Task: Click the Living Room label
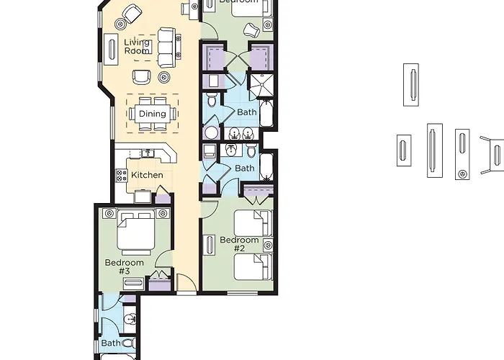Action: click(x=137, y=47)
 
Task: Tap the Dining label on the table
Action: click(x=152, y=114)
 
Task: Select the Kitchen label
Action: click(x=147, y=175)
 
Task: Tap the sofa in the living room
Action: click(x=166, y=46)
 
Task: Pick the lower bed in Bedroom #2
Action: click(x=253, y=266)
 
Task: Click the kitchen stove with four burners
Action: click(x=120, y=175)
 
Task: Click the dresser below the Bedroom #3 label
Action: click(x=133, y=283)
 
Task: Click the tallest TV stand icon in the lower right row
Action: click(x=433, y=150)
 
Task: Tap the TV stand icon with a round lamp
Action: click(x=462, y=154)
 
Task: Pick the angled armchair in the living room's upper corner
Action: click(x=132, y=12)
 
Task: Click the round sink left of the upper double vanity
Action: click(x=212, y=132)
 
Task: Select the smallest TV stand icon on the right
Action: click(x=403, y=150)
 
